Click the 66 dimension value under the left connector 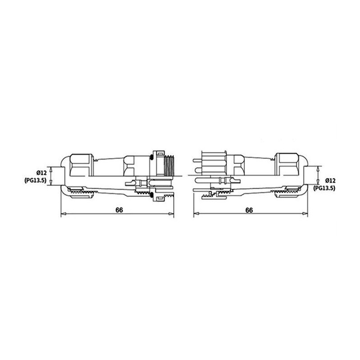(119, 210)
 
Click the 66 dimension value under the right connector (249, 210)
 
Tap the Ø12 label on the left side (41, 173)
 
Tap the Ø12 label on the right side (330, 180)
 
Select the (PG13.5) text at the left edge (36, 180)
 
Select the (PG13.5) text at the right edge (324, 188)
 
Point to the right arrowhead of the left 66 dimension (171, 214)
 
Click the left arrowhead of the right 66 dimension (196, 214)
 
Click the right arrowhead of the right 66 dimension (305, 214)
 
